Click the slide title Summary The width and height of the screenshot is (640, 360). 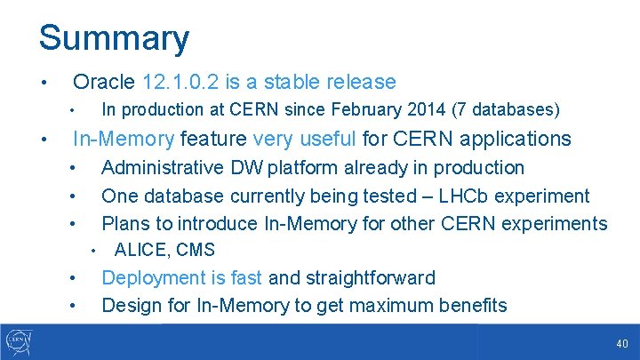point(114,38)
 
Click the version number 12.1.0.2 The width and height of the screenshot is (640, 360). point(180,82)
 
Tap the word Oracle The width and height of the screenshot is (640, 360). point(104,82)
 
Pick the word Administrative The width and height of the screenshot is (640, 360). point(163,168)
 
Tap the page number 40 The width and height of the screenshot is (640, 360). point(621,344)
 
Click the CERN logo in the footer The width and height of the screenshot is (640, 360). point(19,341)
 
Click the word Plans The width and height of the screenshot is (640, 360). point(125,223)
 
